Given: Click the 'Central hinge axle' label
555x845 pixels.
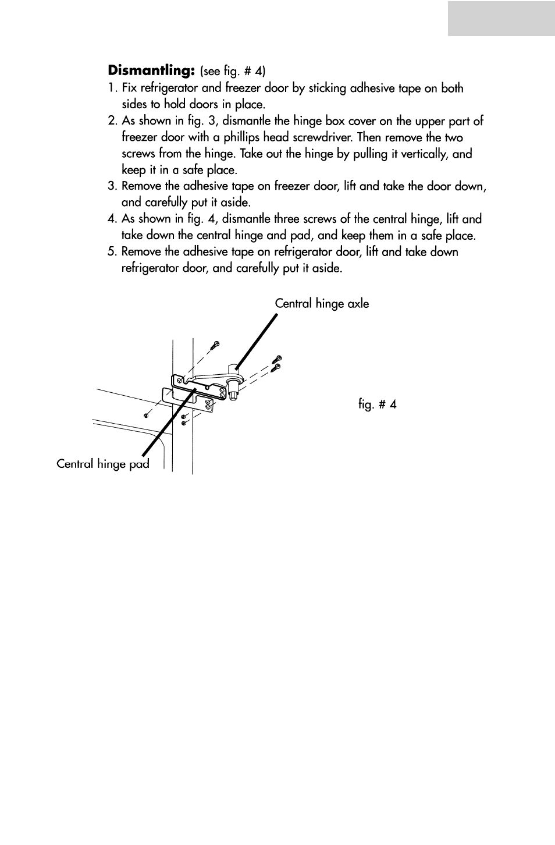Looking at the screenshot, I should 322,304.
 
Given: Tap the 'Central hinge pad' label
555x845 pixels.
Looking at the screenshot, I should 102,464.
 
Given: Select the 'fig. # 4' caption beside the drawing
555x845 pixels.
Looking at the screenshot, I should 377,404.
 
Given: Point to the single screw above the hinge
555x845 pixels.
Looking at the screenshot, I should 215,345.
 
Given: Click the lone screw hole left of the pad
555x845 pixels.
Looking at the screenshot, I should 146,416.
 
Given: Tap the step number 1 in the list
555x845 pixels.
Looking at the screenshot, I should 112,88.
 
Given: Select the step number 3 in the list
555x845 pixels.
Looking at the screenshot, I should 112,186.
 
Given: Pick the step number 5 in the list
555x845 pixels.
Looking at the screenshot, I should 112,252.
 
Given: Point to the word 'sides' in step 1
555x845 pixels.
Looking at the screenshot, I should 134,105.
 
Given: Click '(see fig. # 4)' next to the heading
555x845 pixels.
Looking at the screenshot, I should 233,72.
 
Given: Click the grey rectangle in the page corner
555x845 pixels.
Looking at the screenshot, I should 501,19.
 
